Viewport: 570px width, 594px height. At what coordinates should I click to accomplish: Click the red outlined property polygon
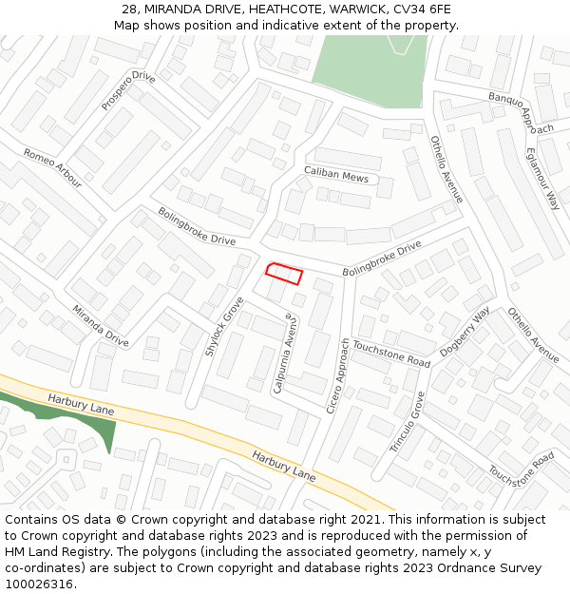(283, 274)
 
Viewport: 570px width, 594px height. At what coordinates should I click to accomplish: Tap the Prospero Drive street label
(128, 90)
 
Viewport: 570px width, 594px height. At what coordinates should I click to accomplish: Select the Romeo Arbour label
(53, 166)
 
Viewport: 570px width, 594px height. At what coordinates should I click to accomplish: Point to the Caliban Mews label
(335, 176)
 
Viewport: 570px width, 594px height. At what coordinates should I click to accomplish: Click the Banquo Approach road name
(521, 113)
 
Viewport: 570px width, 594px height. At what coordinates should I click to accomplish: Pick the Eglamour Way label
(541, 178)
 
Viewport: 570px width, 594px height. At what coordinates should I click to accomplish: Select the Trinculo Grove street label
(407, 421)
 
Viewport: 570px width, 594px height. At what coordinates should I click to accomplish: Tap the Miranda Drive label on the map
(100, 325)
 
